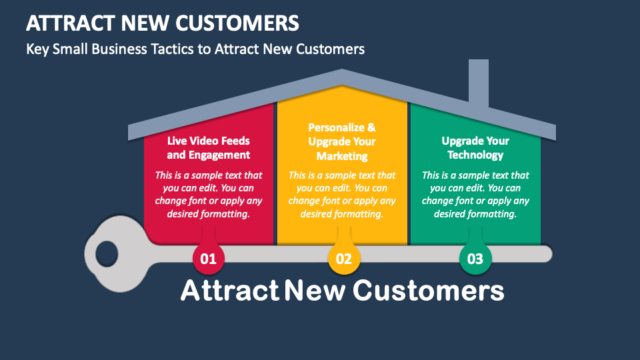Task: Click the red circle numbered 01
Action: (x=208, y=259)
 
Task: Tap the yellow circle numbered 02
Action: (x=344, y=259)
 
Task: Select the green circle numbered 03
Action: (x=475, y=259)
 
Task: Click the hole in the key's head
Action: (x=107, y=254)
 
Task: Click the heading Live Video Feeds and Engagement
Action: (x=208, y=148)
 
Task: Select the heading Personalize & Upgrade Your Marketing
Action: (x=342, y=141)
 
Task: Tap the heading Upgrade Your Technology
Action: (x=475, y=148)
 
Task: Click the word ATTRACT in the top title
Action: (x=70, y=23)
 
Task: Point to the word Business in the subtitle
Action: (x=119, y=49)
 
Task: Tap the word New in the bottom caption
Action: (x=315, y=290)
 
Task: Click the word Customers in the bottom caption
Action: (x=428, y=290)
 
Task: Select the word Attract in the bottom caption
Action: (x=230, y=290)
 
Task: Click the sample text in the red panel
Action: (x=208, y=194)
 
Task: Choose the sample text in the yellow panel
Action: (x=342, y=194)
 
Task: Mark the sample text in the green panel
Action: (x=475, y=194)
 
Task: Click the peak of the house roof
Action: (x=342, y=70)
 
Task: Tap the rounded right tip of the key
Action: (x=551, y=254)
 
